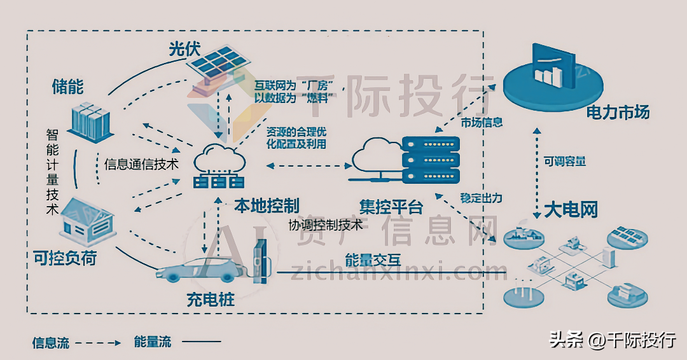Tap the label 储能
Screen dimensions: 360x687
[67, 87]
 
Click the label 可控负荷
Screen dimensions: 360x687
[64, 259]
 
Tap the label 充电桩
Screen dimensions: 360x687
[210, 300]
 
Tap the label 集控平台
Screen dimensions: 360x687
[391, 207]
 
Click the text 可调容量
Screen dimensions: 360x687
[564, 162]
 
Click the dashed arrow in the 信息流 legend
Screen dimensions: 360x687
[99, 342]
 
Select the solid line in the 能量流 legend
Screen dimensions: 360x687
[202, 342]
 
